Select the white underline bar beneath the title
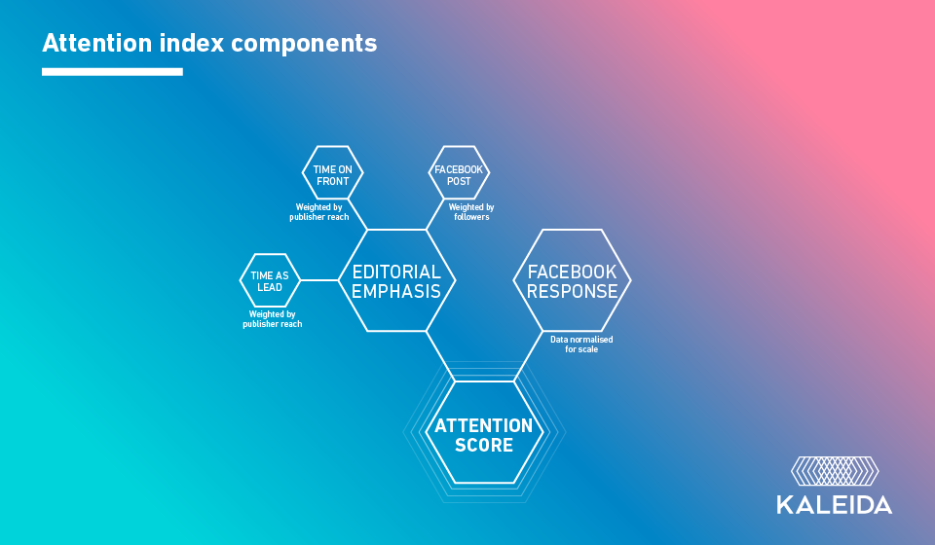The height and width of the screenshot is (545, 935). pyautogui.click(x=112, y=72)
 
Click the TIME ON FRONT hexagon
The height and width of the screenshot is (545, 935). pyautogui.click(x=332, y=175)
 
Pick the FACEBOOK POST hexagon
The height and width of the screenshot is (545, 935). pyautogui.click(x=459, y=175)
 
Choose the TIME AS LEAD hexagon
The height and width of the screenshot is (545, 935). pyautogui.click(x=270, y=280)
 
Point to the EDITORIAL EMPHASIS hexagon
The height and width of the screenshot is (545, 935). pyautogui.click(x=396, y=280)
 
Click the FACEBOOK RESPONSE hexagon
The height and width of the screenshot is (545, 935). pyautogui.click(x=572, y=280)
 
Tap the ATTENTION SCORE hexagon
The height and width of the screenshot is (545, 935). pyautogui.click(x=484, y=435)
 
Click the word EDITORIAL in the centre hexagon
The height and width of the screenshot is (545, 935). pyautogui.click(x=396, y=272)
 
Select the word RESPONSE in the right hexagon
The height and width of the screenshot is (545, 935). pyautogui.click(x=572, y=291)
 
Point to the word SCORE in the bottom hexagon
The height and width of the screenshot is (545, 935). pyautogui.click(x=484, y=446)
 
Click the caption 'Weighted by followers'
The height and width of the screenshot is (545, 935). pyautogui.click(x=471, y=212)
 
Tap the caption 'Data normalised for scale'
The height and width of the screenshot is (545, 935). pyautogui.click(x=581, y=344)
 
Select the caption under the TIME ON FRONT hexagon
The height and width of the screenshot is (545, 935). pyautogui.click(x=318, y=212)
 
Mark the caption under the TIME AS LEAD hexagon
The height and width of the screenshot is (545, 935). pyautogui.click(x=272, y=319)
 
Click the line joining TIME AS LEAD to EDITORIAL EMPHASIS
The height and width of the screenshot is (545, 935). pyautogui.click(x=318, y=280)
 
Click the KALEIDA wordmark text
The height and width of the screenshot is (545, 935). pyautogui.click(x=834, y=504)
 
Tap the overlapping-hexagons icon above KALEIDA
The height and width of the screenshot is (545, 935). pyautogui.click(x=834, y=470)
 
